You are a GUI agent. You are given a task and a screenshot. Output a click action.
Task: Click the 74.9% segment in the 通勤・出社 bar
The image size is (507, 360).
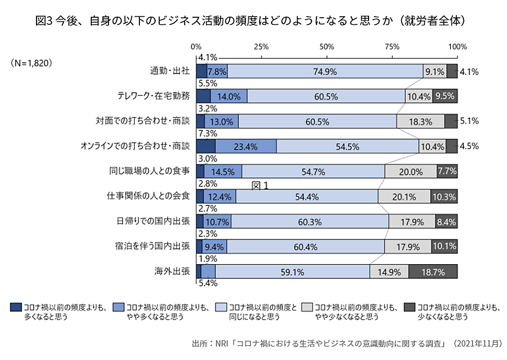click(x=325, y=71)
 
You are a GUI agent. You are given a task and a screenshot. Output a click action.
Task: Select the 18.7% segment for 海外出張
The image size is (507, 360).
click(x=433, y=272)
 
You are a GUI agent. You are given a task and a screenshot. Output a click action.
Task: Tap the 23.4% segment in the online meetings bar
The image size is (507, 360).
click(x=246, y=147)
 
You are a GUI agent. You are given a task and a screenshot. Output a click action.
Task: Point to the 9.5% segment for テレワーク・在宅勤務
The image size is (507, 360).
click(x=445, y=96)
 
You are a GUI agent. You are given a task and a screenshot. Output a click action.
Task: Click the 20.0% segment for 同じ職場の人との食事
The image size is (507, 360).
click(x=411, y=171)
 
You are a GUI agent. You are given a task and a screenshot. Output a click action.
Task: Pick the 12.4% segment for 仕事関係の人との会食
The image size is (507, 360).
click(x=220, y=197)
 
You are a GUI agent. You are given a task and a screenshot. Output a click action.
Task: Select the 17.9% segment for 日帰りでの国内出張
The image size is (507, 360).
click(x=412, y=222)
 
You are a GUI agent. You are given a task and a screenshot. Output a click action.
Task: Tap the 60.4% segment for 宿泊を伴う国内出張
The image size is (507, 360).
click(x=305, y=247)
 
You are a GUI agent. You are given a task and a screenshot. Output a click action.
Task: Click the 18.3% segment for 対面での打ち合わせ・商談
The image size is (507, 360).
click(x=421, y=122)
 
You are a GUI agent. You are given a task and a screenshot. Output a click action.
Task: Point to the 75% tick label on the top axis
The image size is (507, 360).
click(x=392, y=47)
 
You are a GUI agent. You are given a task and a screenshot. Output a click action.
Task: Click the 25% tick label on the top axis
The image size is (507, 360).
click(x=261, y=47)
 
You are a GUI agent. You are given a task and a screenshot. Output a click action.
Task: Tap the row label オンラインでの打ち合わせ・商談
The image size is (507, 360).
click(x=135, y=147)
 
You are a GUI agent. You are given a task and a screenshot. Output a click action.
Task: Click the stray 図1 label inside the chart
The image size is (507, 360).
click(x=260, y=186)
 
